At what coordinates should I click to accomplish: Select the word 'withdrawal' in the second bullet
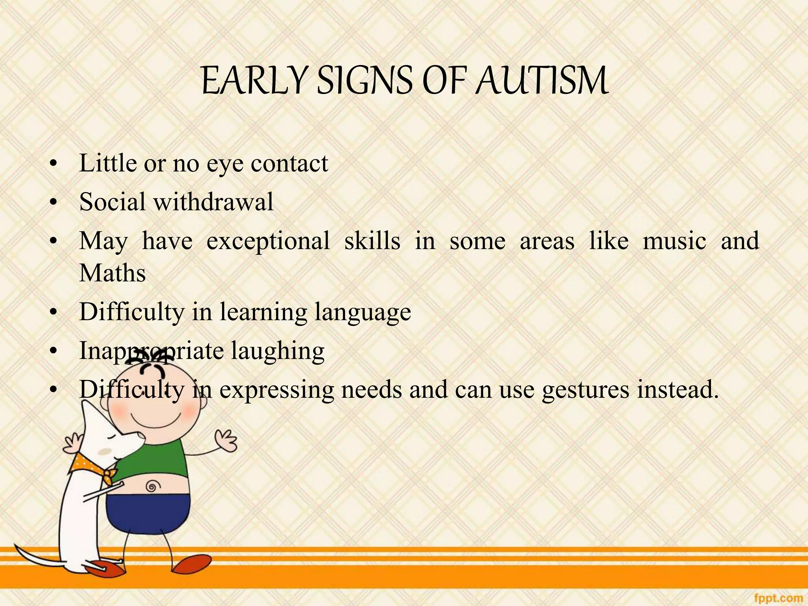tap(213, 202)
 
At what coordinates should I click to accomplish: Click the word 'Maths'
tap(112, 273)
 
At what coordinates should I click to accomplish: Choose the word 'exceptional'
tap(268, 241)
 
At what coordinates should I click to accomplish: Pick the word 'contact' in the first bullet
tap(289, 163)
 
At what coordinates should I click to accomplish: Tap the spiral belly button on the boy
tap(151, 486)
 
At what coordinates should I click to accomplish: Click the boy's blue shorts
tap(150, 513)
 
